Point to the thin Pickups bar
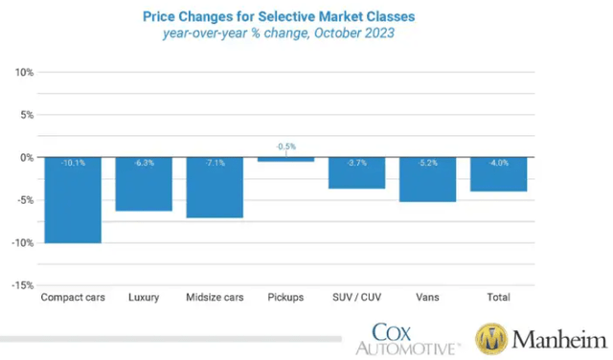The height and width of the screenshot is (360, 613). point(285,159)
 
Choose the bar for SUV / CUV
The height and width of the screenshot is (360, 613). point(356,172)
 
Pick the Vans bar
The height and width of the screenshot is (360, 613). point(427,179)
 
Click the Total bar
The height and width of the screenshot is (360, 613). point(498,174)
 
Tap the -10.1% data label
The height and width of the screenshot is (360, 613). point(73,163)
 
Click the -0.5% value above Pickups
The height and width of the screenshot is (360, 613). point(285,146)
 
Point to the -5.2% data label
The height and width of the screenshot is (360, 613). point(427,163)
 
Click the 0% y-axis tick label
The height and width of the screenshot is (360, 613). point(27,157)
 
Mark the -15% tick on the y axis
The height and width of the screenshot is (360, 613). point(23,285)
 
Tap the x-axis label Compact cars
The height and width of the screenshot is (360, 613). point(73,298)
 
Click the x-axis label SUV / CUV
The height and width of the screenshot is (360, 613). point(356,298)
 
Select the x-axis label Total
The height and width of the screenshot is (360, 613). point(498,298)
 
